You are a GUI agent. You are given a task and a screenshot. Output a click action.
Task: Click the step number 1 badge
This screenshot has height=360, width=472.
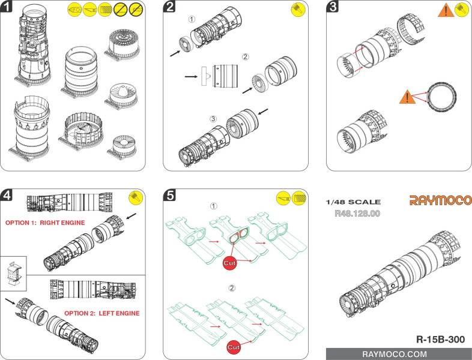6,6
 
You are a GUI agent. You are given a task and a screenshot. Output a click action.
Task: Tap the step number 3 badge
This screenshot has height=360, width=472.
332,6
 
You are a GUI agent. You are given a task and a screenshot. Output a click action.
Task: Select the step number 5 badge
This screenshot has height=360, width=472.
169,195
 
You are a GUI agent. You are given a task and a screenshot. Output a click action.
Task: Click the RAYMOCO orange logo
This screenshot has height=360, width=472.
440,200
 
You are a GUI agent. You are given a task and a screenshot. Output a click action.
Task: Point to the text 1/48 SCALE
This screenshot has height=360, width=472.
353,202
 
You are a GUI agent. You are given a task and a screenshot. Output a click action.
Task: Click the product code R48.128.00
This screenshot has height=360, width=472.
357,214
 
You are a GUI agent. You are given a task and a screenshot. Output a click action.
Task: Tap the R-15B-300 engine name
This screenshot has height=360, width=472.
440,340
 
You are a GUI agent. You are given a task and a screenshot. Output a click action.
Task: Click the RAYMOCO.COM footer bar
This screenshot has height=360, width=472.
399,354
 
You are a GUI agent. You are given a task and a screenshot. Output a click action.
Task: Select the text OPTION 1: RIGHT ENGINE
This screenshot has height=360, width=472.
45,223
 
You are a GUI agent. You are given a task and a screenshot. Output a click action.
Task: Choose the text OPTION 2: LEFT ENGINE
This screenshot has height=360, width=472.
102,313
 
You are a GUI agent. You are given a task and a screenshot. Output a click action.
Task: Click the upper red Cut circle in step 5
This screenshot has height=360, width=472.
229,263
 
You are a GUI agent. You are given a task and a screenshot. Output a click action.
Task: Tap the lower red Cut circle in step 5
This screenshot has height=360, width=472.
234,347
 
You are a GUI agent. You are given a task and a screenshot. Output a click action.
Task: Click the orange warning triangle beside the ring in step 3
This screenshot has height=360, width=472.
407,97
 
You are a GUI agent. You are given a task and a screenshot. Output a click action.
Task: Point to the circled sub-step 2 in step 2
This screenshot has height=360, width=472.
246,57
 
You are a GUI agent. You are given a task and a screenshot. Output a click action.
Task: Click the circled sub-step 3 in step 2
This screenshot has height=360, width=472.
213,119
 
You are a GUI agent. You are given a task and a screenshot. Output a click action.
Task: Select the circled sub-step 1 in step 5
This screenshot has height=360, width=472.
213,206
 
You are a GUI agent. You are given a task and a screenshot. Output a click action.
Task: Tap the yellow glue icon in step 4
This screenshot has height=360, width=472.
136,198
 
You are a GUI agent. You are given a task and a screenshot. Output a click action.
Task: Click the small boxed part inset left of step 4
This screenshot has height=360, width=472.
13,274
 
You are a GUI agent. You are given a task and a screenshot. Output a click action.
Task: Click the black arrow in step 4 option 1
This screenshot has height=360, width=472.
132,216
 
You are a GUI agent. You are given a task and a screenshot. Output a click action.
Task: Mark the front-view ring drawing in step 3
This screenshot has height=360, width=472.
442,97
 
